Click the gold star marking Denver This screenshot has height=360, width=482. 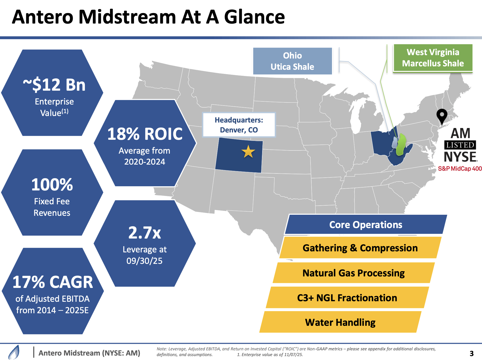click(248, 152)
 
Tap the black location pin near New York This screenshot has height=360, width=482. click(442, 116)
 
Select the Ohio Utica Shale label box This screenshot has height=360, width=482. click(292, 61)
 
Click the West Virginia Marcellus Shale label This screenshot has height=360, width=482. click(433, 58)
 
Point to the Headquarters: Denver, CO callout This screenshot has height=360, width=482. click(239, 125)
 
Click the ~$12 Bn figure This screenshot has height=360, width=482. click(54, 85)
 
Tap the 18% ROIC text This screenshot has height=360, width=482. click(145, 134)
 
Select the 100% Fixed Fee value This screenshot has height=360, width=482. click(52, 184)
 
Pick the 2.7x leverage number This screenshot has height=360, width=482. click(145, 233)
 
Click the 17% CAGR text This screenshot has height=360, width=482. click(53, 282)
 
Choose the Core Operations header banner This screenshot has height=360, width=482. click(366, 225)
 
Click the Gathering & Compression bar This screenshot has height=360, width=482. click(360, 248)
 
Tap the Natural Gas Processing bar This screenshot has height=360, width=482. click(353, 273)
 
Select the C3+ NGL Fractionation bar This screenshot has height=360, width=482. click(347, 298)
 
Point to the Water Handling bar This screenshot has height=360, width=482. click(340, 322)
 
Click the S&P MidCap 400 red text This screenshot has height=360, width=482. click(460, 169)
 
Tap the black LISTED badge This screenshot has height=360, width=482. click(460, 145)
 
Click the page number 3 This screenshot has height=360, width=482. click(472, 353)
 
